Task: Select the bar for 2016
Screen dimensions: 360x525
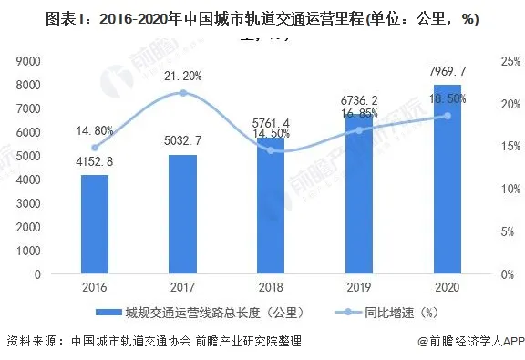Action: pyautogui.click(x=95, y=223)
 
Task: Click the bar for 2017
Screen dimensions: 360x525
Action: pyautogui.click(x=183, y=213)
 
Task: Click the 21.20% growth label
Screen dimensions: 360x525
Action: pyautogui.click(x=182, y=75)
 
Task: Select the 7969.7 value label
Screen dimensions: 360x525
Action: pyautogui.click(x=448, y=71)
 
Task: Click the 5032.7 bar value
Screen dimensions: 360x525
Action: pyautogui.click(x=183, y=142)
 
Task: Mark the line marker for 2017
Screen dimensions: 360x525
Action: pyautogui.click(x=183, y=93)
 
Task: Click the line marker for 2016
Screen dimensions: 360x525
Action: pyautogui.click(x=95, y=147)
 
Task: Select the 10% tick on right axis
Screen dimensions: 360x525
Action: pyautogui.click(x=500, y=189)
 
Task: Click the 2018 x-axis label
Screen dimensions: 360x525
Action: pyautogui.click(x=272, y=286)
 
